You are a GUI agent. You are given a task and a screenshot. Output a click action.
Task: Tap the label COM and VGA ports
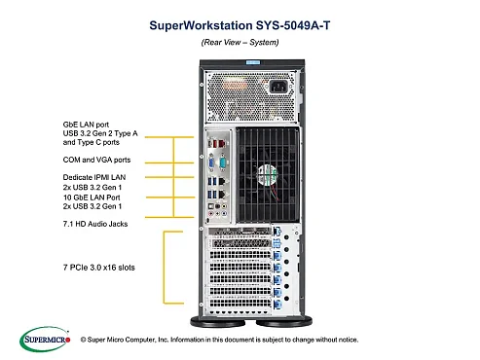(x=87, y=160)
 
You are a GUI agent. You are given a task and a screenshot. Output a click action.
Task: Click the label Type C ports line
(x=81, y=143)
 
